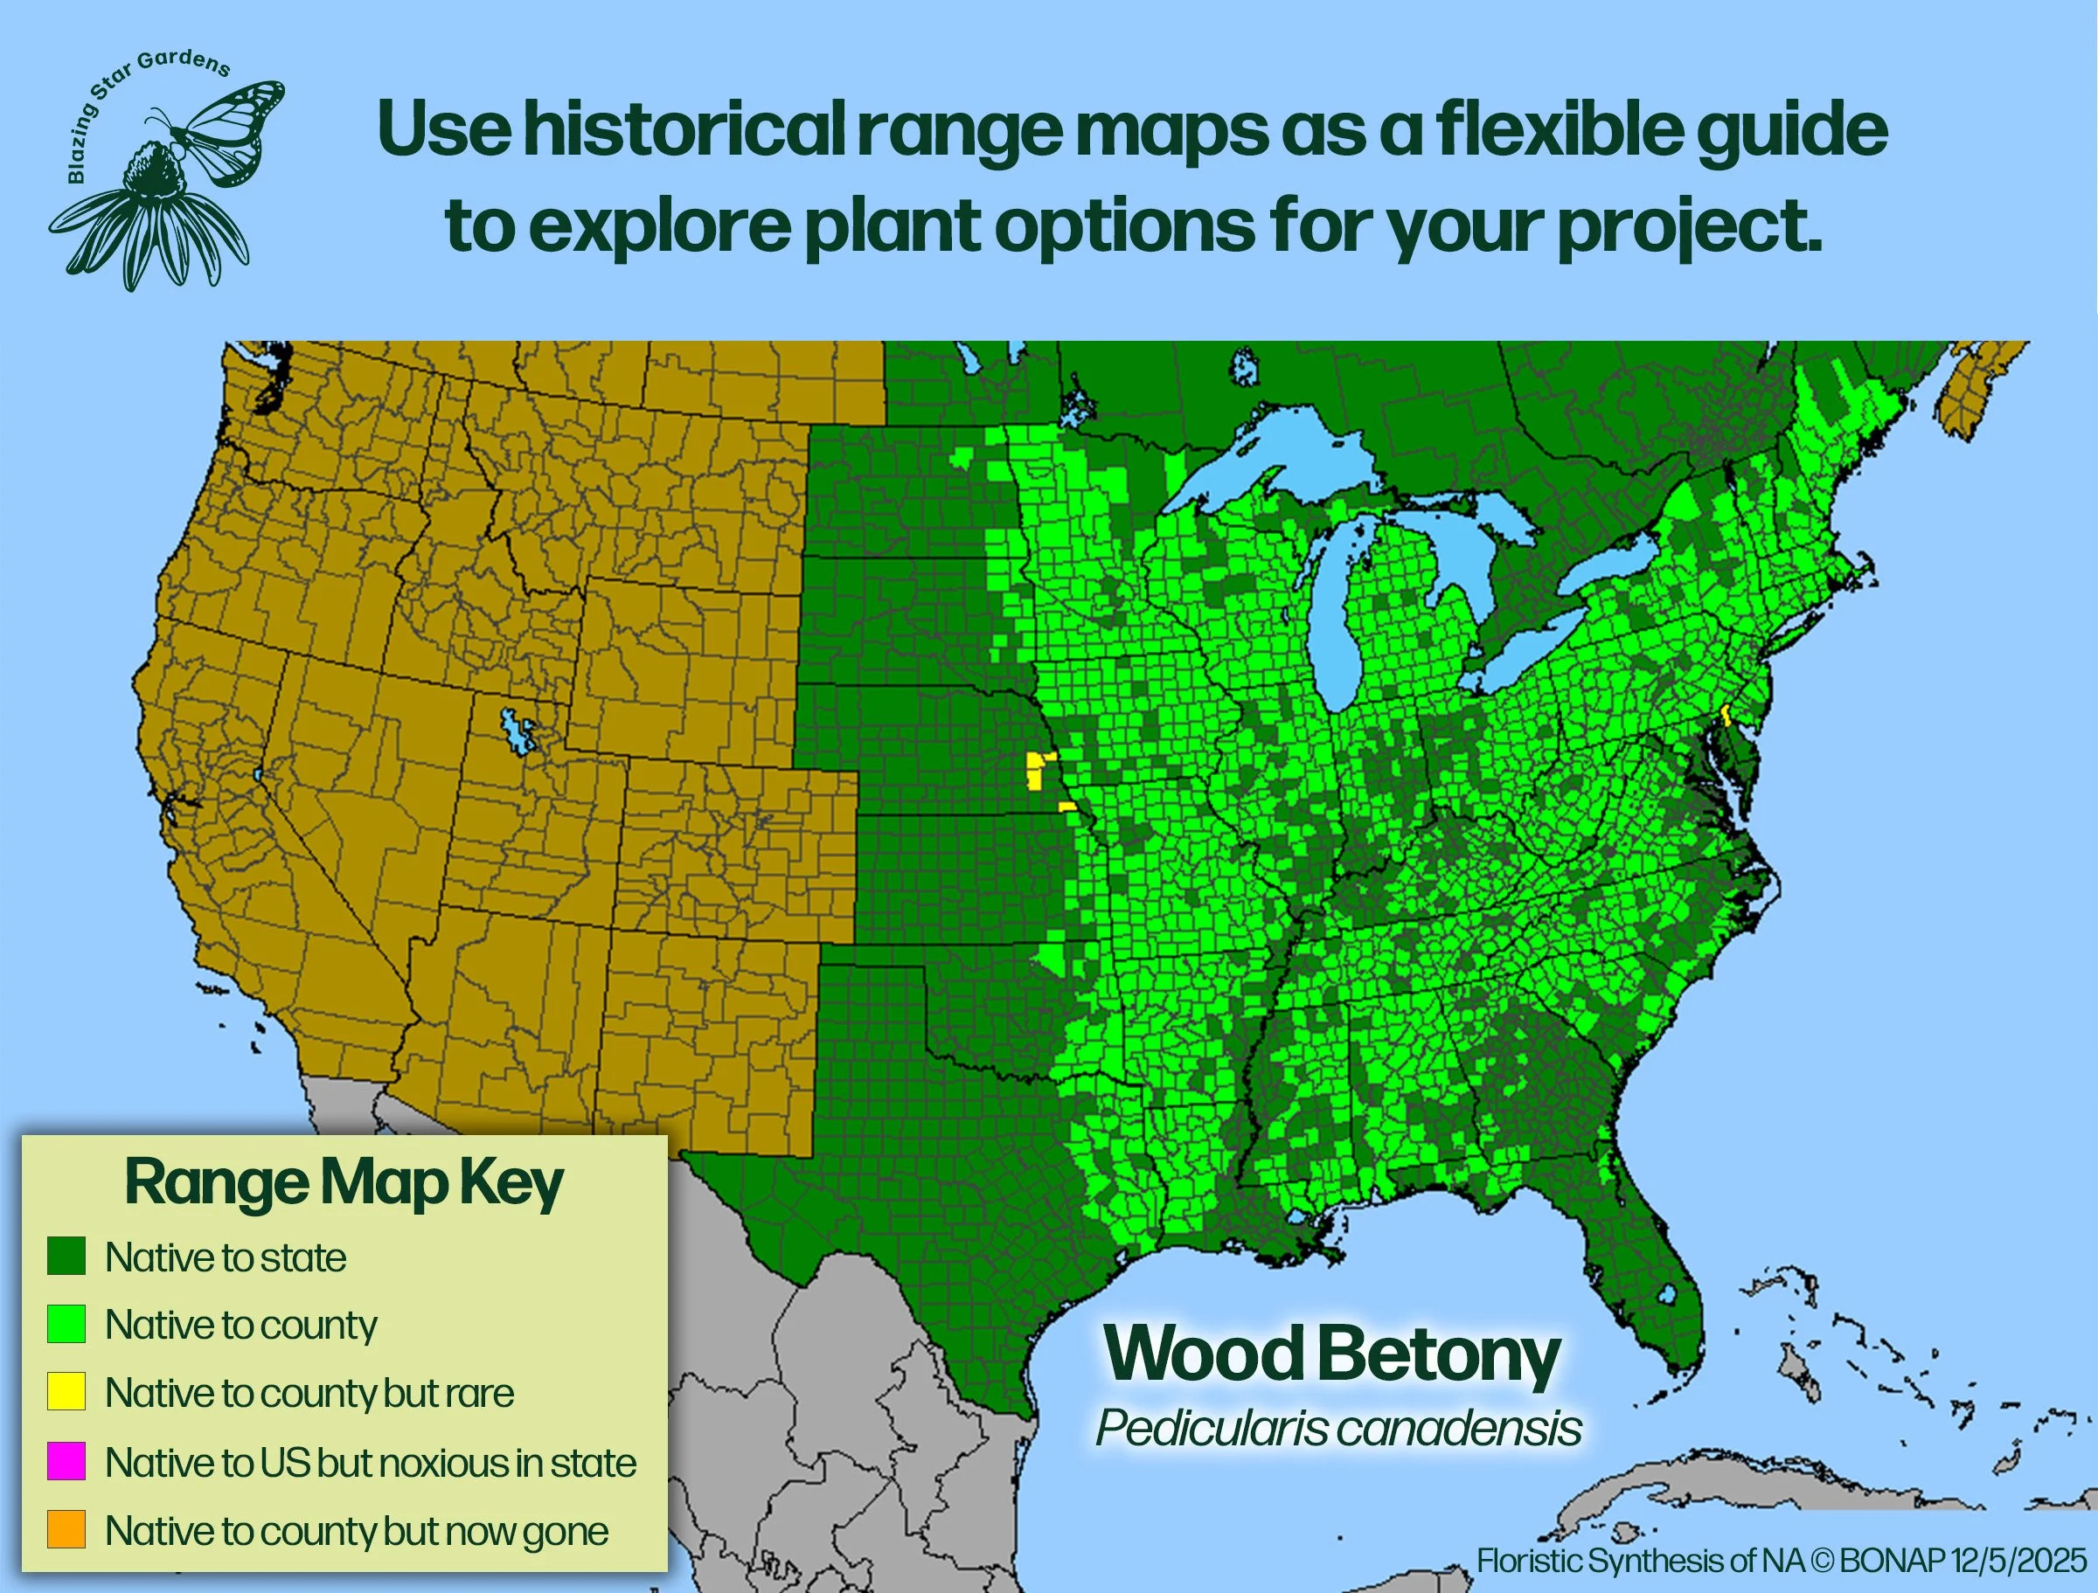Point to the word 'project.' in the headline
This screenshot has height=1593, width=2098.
point(1688,227)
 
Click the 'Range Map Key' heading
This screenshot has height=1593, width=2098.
point(344,1182)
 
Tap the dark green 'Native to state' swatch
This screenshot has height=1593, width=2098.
point(66,1257)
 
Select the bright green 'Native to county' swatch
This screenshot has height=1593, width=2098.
point(66,1324)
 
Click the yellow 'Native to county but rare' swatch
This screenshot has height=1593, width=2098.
point(66,1392)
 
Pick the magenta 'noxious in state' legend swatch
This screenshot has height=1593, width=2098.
point(66,1461)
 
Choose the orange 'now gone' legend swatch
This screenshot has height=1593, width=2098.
point(66,1529)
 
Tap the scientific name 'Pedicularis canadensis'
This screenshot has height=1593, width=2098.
point(1338,1428)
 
